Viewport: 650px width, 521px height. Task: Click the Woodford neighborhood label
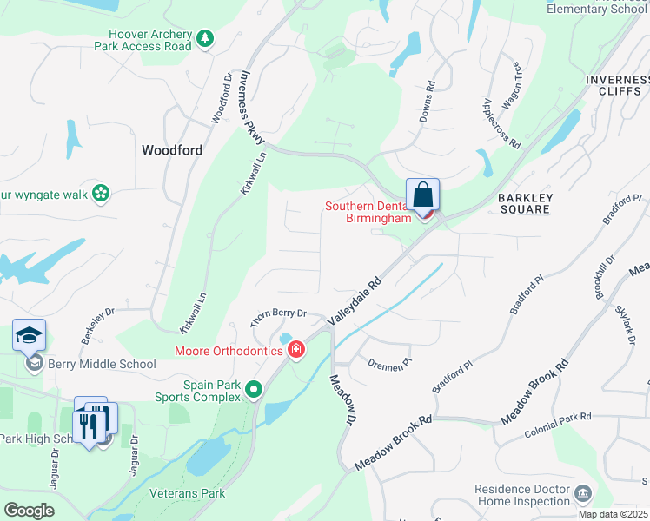click(x=172, y=150)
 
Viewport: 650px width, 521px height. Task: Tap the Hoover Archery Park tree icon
click(x=204, y=38)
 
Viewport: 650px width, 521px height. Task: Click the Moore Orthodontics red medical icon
click(x=296, y=350)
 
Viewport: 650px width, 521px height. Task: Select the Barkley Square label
click(x=524, y=203)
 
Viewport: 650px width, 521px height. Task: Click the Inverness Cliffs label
click(x=616, y=85)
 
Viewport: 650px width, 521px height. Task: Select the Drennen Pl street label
click(x=386, y=366)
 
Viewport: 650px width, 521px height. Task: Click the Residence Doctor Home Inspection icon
click(x=583, y=495)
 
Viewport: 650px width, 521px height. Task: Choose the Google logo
click(x=30, y=510)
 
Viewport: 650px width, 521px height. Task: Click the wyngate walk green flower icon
click(x=102, y=194)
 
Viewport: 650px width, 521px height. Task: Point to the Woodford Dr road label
click(x=220, y=103)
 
